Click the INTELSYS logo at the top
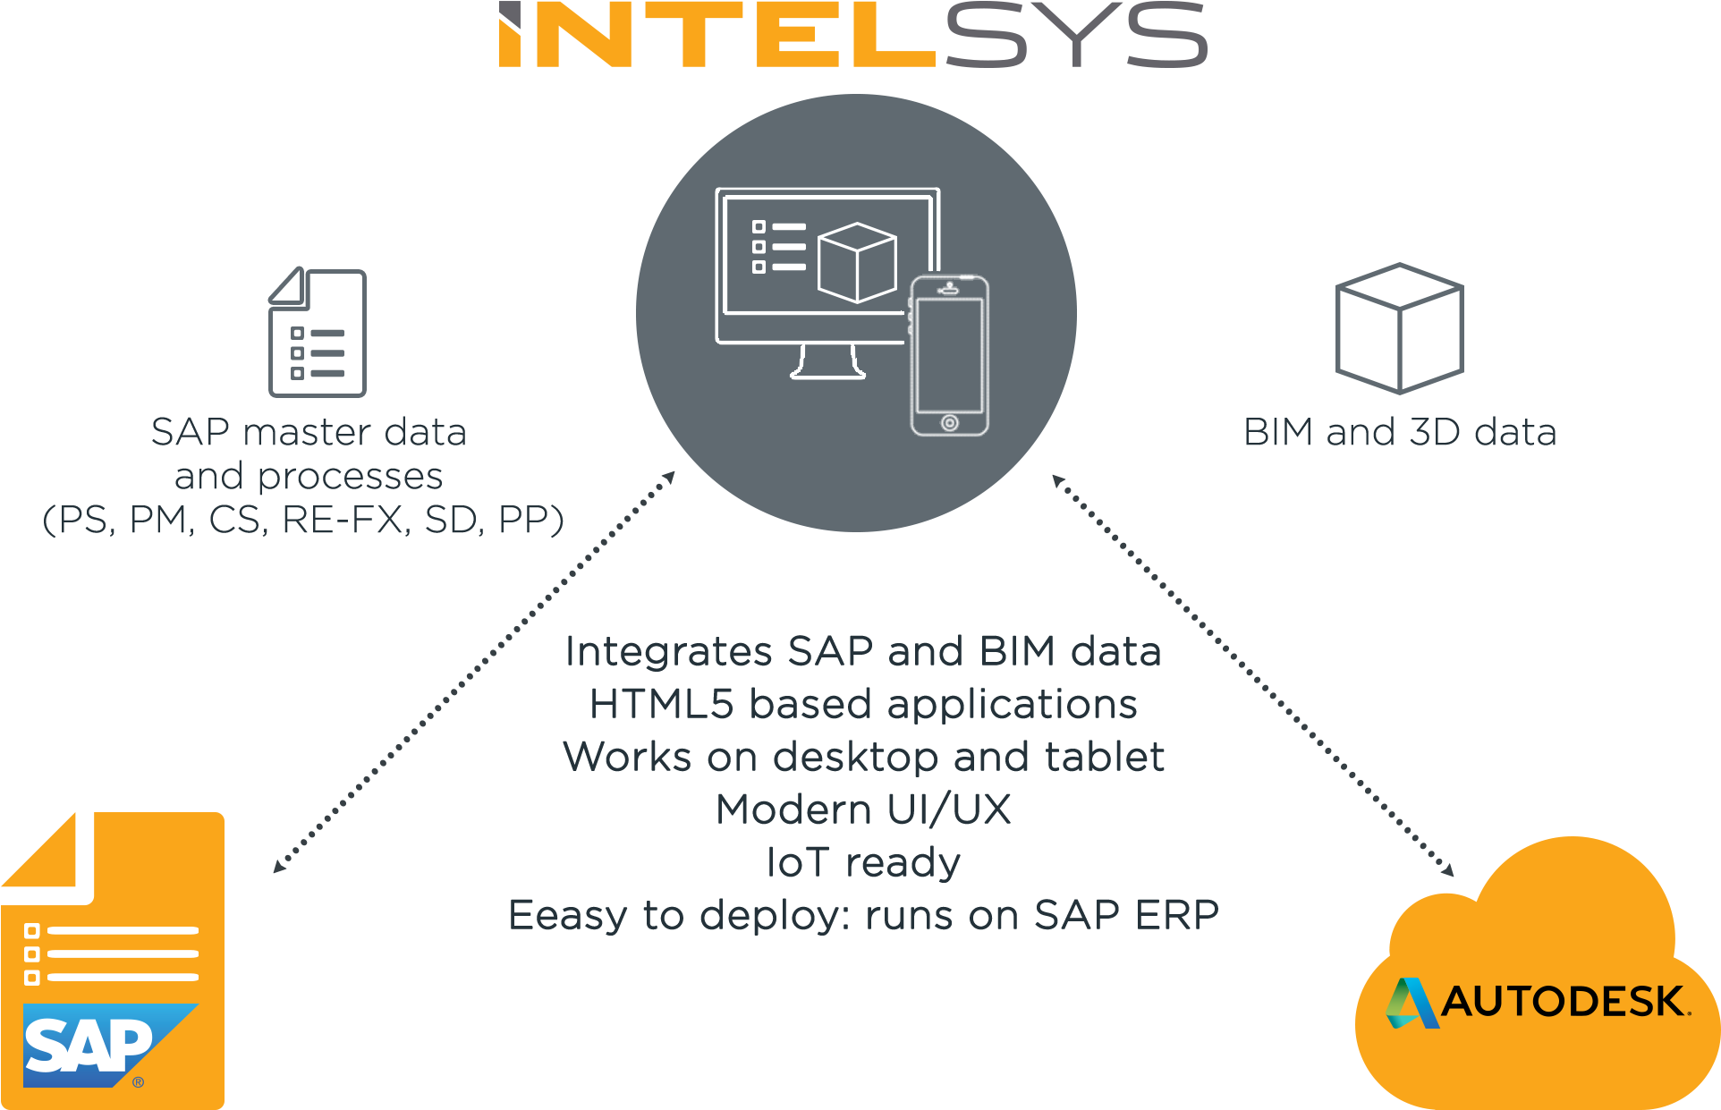852,36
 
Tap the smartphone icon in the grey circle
949,356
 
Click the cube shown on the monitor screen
857,262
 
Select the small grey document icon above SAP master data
318,333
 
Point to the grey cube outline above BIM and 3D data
1399,328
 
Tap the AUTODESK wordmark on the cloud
1563,1002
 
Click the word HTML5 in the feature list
661,704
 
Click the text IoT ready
863,862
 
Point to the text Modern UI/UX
863,809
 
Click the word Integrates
668,651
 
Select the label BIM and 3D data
1400,433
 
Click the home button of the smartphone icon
949,422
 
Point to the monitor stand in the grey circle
827,362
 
